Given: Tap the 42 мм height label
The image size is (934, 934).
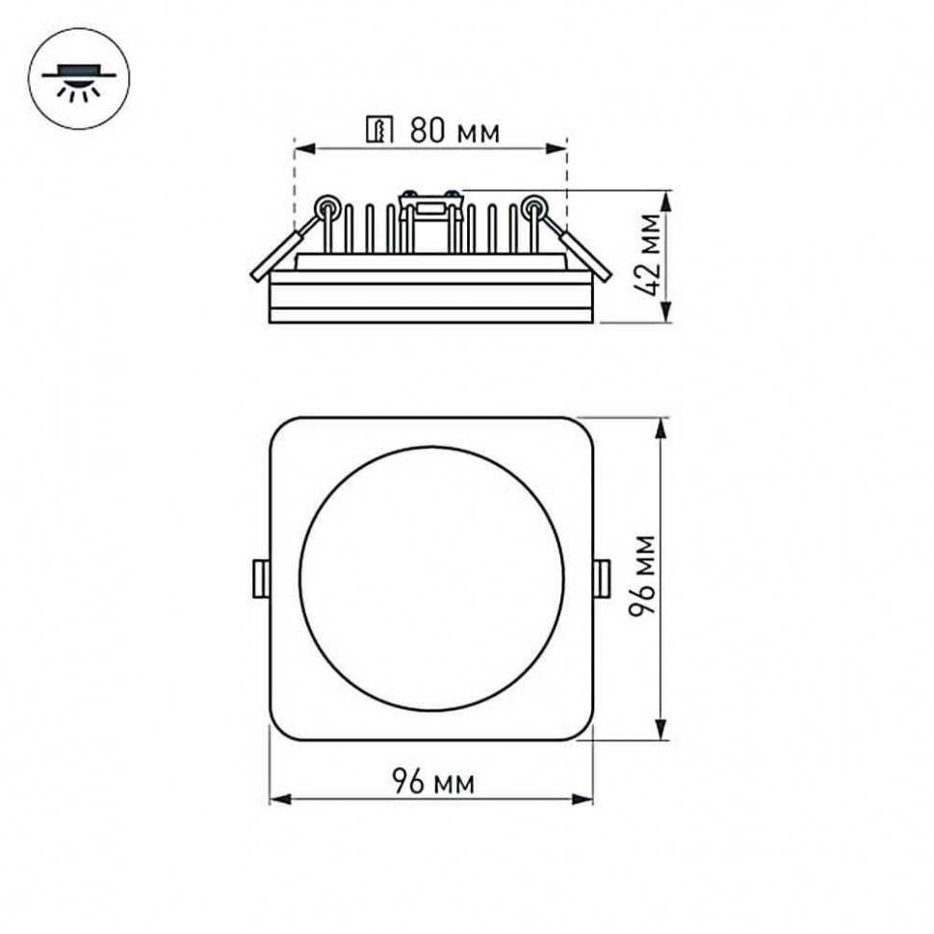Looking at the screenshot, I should [x=646, y=255].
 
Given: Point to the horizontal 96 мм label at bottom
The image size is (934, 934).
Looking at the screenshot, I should [x=433, y=782].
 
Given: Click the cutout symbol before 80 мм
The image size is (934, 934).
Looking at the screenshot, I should [x=380, y=130].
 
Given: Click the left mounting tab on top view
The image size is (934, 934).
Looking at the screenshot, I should [x=259, y=578].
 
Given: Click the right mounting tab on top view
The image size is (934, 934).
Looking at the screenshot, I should [x=601, y=578].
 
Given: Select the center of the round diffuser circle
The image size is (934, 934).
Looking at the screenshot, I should [x=431, y=578].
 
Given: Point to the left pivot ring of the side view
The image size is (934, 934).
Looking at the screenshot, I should [x=327, y=204].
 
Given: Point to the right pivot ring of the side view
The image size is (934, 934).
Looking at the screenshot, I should [x=532, y=204].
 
